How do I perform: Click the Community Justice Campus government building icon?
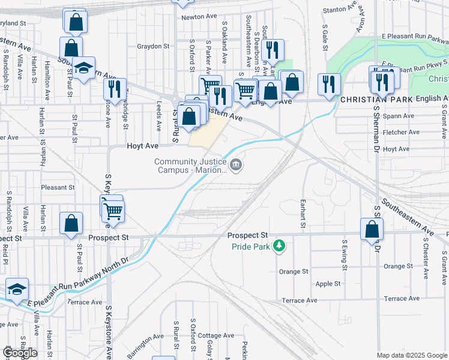pyautogui.click(x=237, y=164)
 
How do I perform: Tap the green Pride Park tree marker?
pyautogui.click(x=279, y=245)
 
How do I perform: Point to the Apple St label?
pyautogui.click(x=328, y=284)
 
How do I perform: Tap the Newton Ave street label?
pyautogui.click(x=199, y=17)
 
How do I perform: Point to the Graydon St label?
pyautogui.click(x=153, y=46)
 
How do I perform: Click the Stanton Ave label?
pyautogui.click(x=340, y=10)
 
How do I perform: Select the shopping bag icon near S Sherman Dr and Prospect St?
pyautogui.click(x=372, y=229)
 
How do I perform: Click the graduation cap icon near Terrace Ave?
pyautogui.click(x=17, y=289)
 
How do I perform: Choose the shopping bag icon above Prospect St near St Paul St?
pyautogui.click(x=71, y=223)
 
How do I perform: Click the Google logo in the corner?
pyautogui.click(x=20, y=353)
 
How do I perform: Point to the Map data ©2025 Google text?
pyautogui.click(x=411, y=355)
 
